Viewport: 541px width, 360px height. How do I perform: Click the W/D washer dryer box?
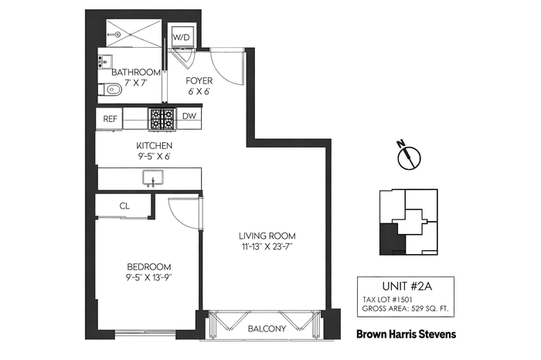click(182, 36)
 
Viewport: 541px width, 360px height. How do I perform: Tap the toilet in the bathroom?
click(111, 90)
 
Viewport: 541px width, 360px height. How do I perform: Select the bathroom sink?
click(104, 62)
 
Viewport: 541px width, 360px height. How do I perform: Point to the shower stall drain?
click(117, 34)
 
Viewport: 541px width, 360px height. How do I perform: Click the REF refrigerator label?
click(110, 119)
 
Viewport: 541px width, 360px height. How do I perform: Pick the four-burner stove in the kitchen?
click(162, 119)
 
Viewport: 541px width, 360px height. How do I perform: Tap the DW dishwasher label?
click(189, 116)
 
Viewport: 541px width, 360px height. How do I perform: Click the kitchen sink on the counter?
click(153, 178)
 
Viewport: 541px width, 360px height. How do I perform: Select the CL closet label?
click(124, 205)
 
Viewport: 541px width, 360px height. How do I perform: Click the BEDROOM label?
click(149, 267)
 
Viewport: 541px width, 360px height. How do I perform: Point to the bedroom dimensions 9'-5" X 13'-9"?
click(149, 277)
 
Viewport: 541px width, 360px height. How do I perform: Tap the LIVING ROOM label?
click(267, 236)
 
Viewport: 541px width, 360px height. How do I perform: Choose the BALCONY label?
click(267, 328)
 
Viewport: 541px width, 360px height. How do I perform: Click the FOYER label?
click(199, 80)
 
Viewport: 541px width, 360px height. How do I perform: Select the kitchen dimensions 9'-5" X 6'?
click(153, 156)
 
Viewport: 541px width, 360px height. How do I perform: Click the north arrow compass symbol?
click(409, 156)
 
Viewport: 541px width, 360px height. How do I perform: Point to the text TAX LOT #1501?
click(387, 300)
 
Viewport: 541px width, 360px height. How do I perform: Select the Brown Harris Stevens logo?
click(406, 334)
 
